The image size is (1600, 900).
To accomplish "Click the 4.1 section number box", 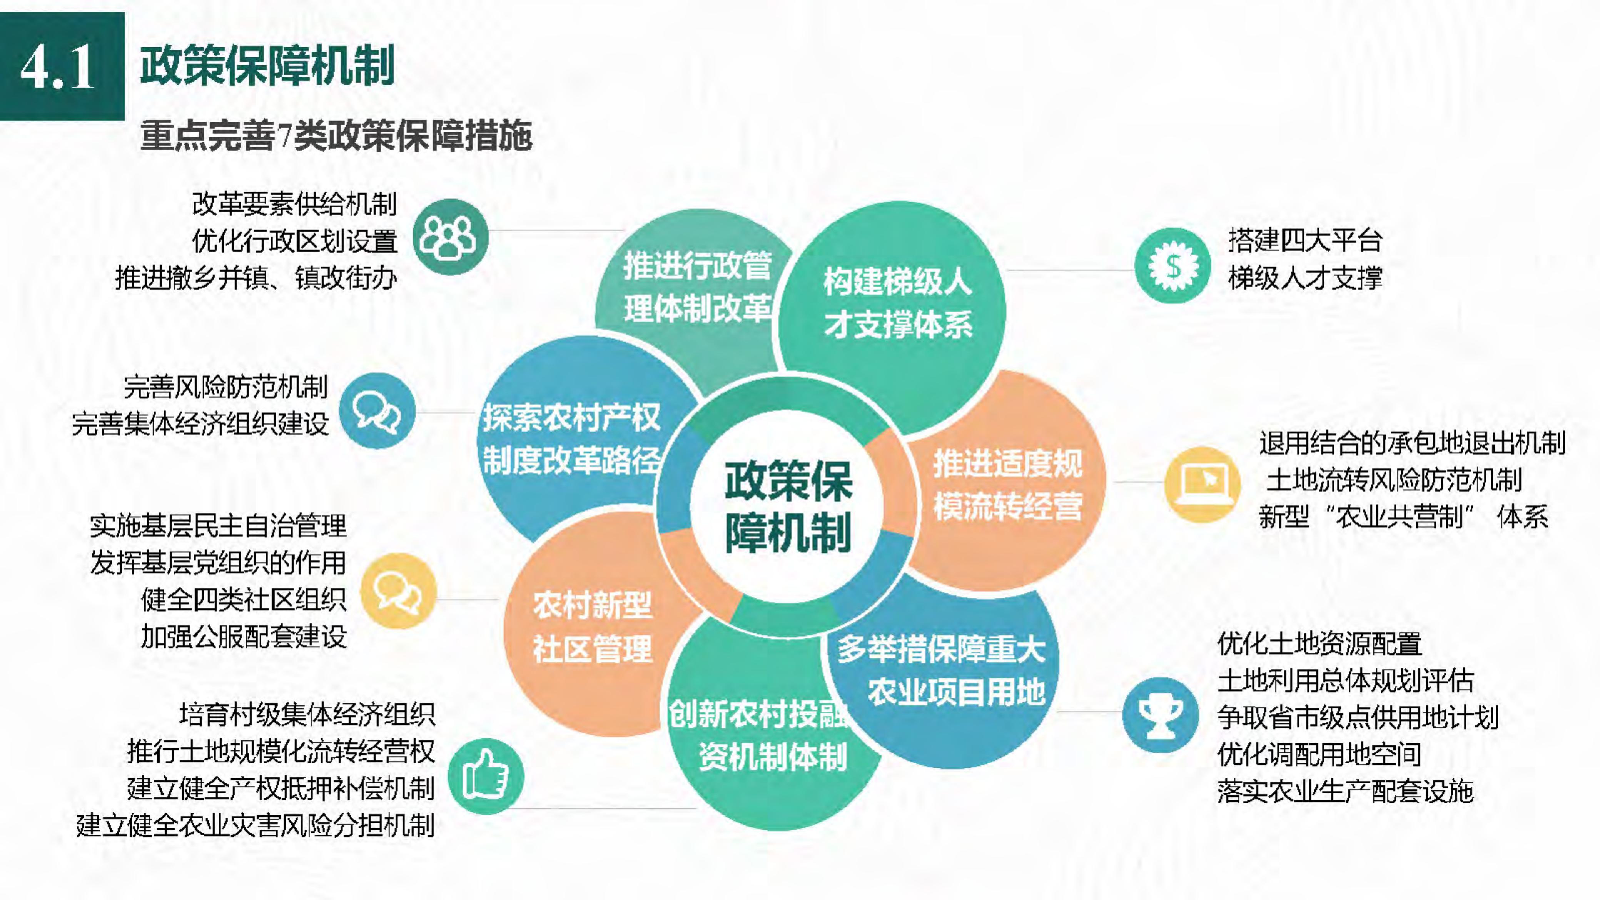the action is [62, 66].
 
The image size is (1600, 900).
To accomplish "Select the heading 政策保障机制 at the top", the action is [267, 66].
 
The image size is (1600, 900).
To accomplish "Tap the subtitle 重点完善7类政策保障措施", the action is [336, 136].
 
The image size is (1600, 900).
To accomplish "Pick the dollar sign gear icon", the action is [1172, 266].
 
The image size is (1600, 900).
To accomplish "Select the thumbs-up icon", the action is [486, 777].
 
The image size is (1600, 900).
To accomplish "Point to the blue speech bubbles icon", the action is [377, 411].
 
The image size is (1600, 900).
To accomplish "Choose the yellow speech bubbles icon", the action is [399, 591].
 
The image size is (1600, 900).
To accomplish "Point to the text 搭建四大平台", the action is [1305, 241].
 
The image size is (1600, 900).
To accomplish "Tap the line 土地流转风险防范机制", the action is [1393, 480].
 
